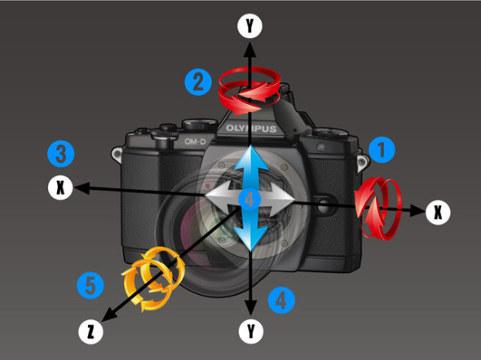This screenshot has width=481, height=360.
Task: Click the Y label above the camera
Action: pos(249,26)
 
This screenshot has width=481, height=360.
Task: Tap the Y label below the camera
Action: pos(251,331)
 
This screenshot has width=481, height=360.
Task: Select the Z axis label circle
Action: pos(90,331)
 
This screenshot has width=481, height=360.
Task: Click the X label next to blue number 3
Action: pos(60,187)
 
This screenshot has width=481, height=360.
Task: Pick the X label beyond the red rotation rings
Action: pos(438,212)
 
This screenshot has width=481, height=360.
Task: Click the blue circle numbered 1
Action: pos(382,150)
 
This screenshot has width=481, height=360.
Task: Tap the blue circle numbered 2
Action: pos(198,82)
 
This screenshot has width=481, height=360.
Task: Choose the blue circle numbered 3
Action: pos(61,154)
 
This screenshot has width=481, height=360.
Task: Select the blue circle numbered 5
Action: pos(90,286)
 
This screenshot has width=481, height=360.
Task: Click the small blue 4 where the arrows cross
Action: pos(249,200)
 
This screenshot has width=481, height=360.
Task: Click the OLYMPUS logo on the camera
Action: pos(251,129)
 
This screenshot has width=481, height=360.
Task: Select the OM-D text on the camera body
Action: pos(195,142)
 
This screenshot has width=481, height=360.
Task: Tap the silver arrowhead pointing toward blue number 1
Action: pos(282,200)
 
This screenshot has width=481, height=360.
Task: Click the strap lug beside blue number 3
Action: pos(117,155)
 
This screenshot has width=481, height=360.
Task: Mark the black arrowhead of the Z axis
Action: pos(108,315)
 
